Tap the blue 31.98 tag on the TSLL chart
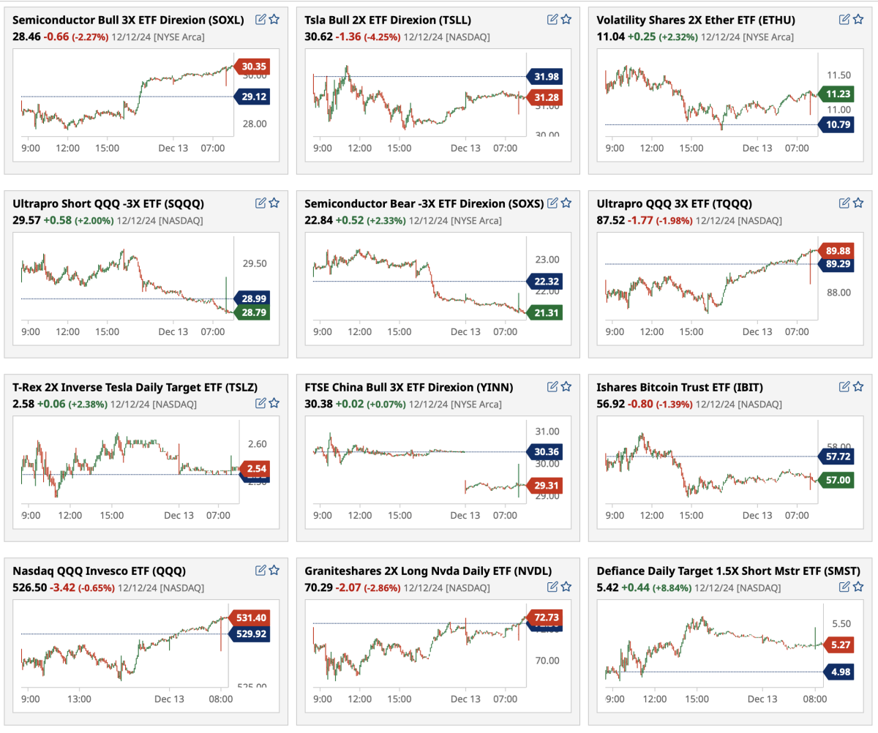544,77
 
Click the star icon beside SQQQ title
274,203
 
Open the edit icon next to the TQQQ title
844,203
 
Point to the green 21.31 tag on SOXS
544,313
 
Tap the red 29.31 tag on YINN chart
544,485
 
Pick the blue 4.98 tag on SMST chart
840,672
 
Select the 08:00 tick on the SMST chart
806,699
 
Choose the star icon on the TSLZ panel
274,402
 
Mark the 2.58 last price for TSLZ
22,403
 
